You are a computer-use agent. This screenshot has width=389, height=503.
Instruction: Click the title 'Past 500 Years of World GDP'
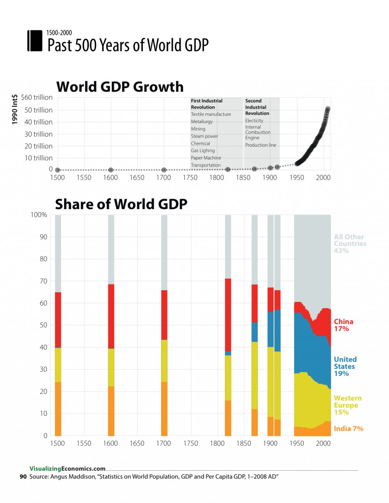click(128, 45)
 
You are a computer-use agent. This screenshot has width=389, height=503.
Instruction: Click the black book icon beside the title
click(35, 41)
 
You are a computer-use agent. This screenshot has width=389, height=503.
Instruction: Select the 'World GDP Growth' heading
click(120, 87)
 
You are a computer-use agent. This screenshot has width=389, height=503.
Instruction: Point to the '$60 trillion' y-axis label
click(36, 98)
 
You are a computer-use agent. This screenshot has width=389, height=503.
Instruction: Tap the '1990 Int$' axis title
click(15, 109)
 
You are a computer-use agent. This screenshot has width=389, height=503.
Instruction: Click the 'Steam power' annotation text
click(204, 136)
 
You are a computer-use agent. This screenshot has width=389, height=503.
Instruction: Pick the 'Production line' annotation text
click(260, 145)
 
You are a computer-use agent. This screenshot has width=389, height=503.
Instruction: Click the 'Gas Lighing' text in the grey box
click(203, 151)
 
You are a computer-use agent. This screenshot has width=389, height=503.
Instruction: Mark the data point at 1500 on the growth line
click(57, 170)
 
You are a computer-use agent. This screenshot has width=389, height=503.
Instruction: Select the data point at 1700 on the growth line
click(164, 170)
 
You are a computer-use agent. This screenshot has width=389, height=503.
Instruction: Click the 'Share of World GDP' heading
click(121, 204)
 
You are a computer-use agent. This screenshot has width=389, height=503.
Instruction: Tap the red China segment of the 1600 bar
click(111, 316)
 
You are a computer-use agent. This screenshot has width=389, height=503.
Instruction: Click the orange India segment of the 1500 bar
click(58, 409)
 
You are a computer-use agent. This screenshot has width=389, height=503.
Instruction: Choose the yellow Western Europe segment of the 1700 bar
click(164, 361)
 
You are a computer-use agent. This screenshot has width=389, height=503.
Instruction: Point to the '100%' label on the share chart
click(39, 215)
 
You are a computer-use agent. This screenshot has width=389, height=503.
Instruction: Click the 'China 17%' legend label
click(343, 325)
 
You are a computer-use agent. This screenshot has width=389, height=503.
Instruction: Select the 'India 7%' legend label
click(348, 429)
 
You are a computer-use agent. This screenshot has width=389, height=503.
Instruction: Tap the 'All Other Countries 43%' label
click(349, 244)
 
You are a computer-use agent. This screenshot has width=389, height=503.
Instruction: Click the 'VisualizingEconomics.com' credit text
click(67, 469)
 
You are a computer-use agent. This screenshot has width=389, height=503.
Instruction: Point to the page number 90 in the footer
click(23, 477)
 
